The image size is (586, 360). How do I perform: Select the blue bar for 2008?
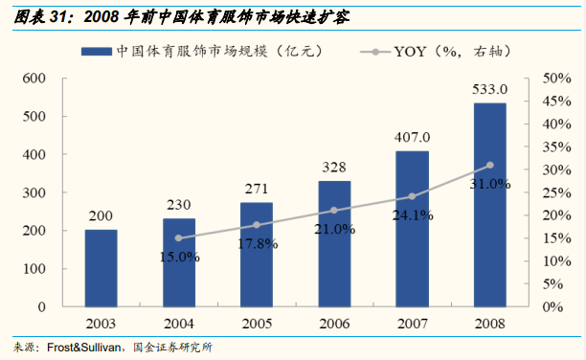[x=490, y=205]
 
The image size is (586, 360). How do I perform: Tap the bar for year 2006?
[x=334, y=244]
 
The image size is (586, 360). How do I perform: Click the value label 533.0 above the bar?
[x=490, y=89]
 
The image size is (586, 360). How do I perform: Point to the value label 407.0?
[x=413, y=137]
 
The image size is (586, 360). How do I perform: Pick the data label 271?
[x=256, y=189]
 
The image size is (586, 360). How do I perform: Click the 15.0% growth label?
[x=179, y=256]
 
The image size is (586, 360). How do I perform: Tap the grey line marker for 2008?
[x=490, y=165]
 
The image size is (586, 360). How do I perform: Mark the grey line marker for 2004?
[x=178, y=238]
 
